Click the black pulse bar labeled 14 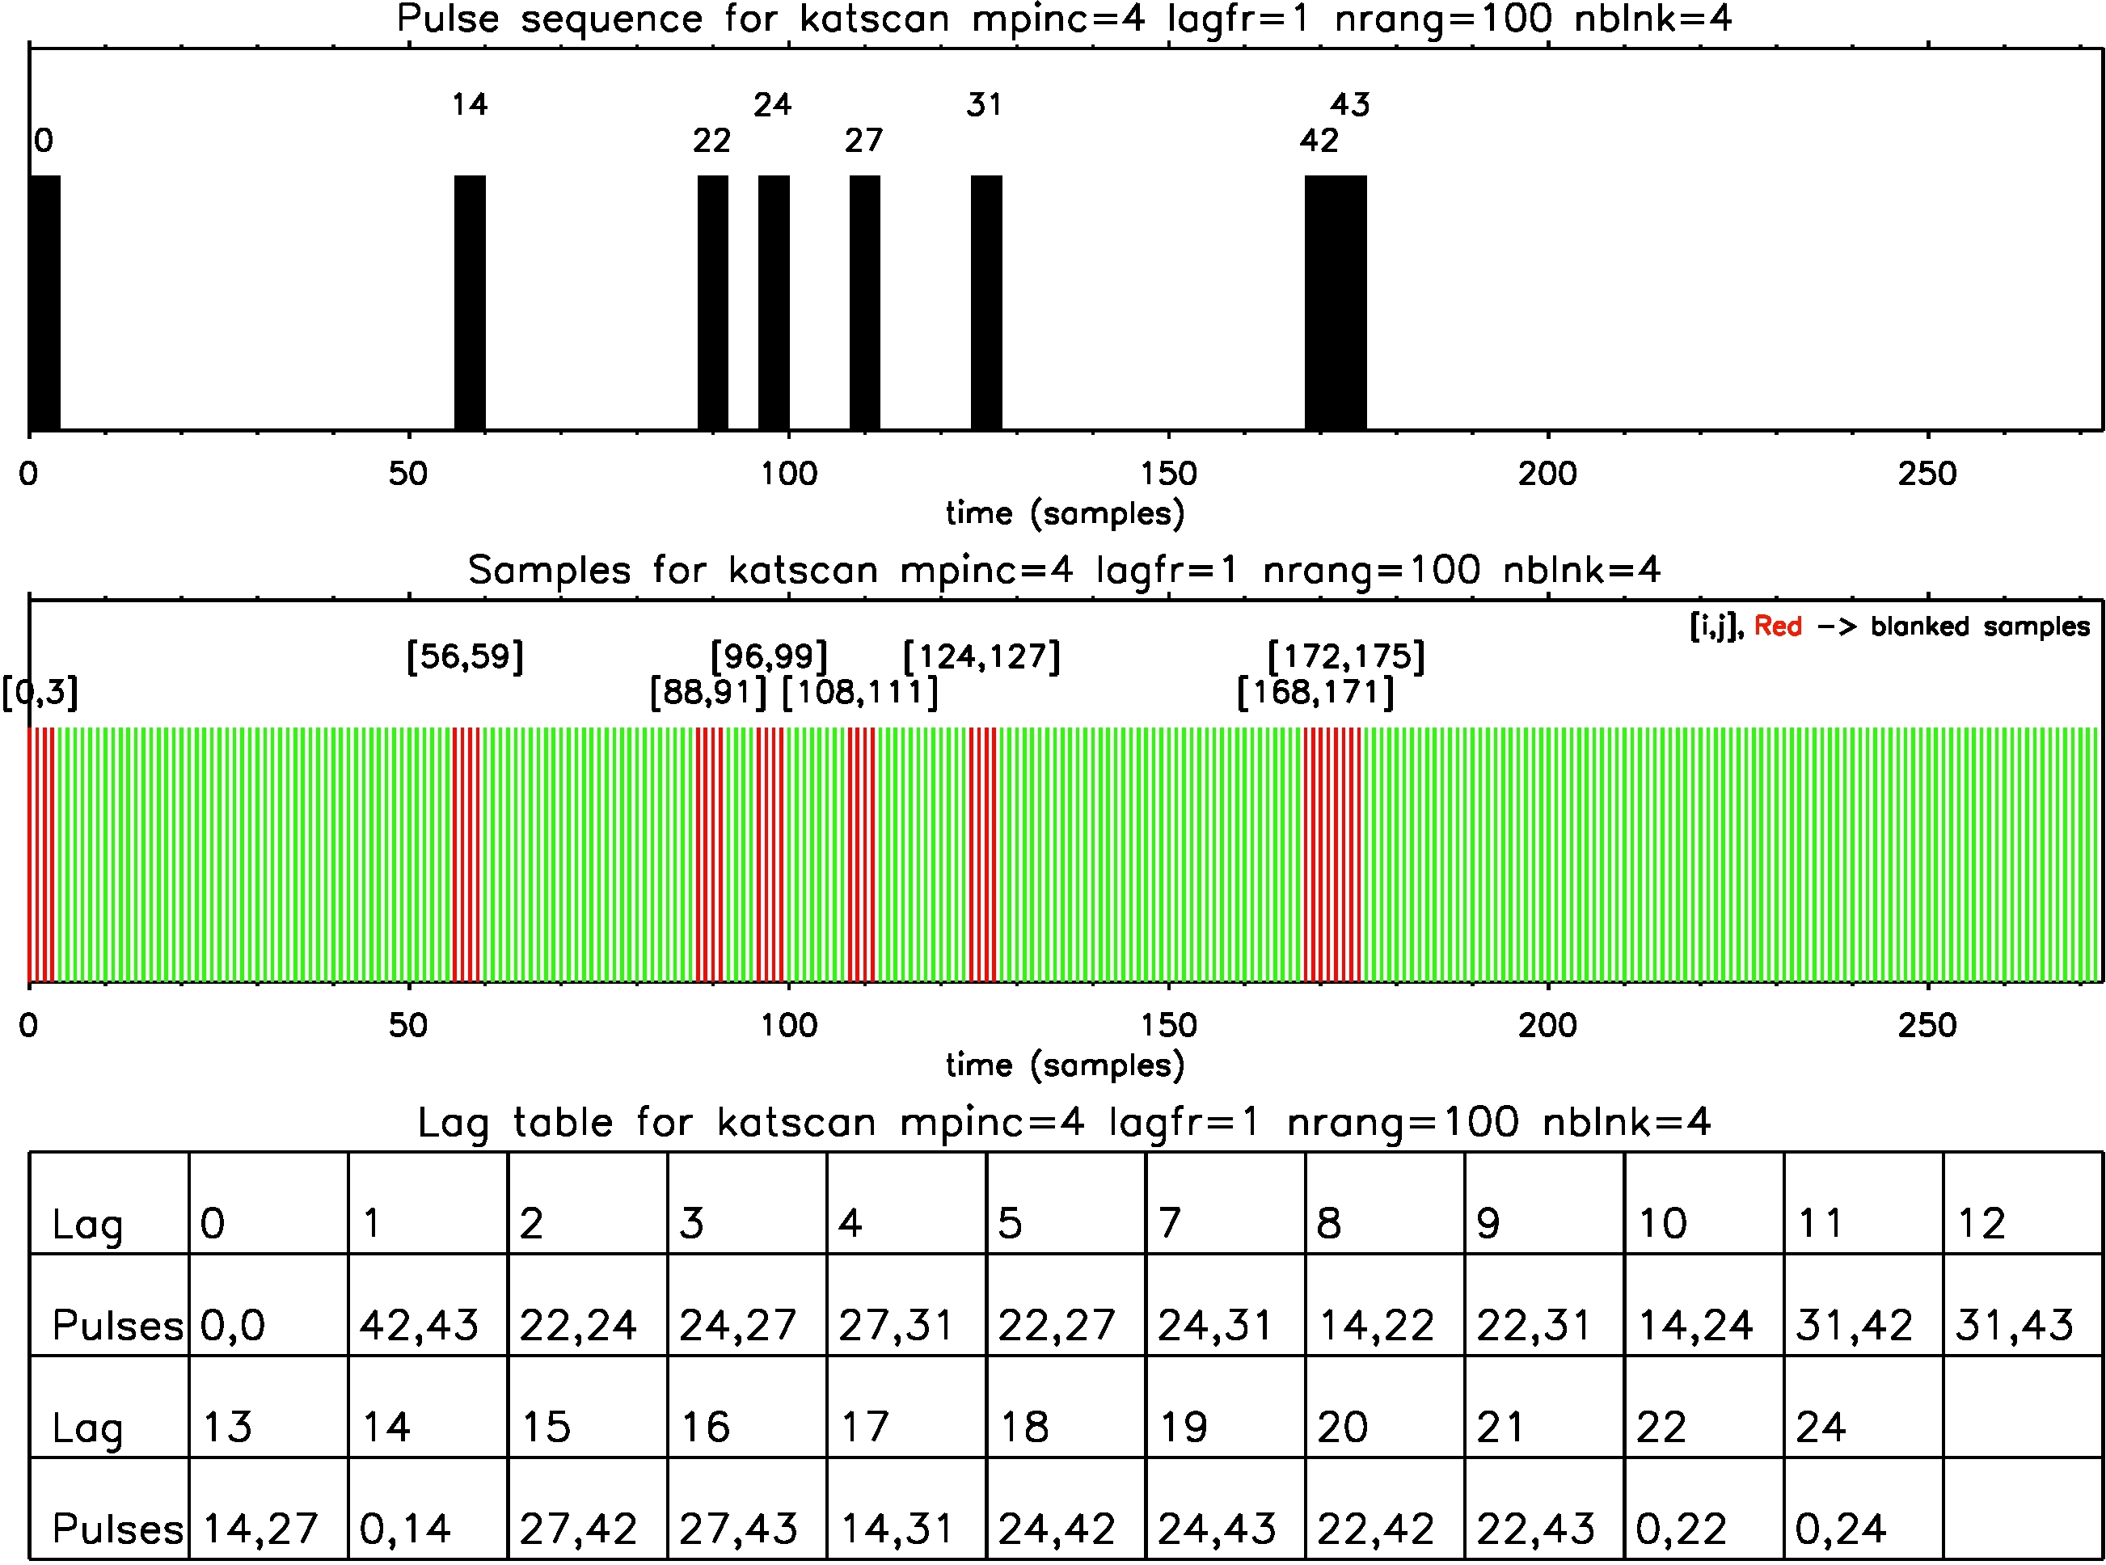pyautogui.click(x=470, y=303)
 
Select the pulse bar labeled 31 pyautogui.click(x=986, y=303)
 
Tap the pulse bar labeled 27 pyautogui.click(x=864, y=303)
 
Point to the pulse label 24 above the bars pyautogui.click(x=772, y=104)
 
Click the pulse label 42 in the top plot pyautogui.click(x=1319, y=141)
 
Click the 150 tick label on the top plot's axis pyautogui.click(x=1168, y=474)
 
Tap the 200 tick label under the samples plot pyautogui.click(x=1547, y=1025)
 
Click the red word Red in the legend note pyautogui.click(x=1777, y=626)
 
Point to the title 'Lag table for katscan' pyautogui.click(x=1063, y=1122)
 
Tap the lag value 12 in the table pyautogui.click(x=1981, y=1223)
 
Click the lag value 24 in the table pyautogui.click(x=1820, y=1427)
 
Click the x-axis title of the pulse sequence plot pyautogui.click(x=1065, y=513)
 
